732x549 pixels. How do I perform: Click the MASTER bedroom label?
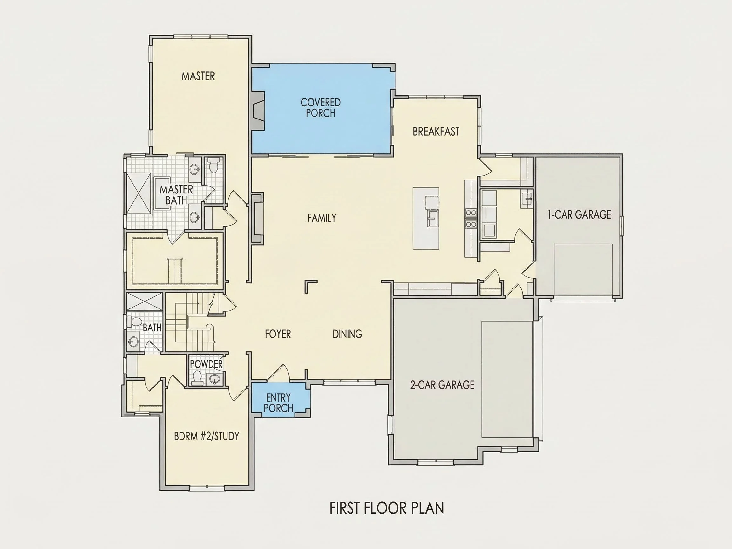click(198, 76)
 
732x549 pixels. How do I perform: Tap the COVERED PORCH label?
click(321, 108)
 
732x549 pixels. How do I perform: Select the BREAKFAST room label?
click(436, 132)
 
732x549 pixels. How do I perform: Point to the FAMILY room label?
click(322, 218)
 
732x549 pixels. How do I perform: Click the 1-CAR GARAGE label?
click(579, 215)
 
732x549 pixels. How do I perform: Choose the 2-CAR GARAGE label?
click(442, 384)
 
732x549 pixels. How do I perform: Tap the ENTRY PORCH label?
click(278, 403)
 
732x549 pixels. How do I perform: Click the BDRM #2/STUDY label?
click(207, 436)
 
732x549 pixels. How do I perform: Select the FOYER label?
click(278, 334)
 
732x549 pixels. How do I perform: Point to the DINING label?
click(347, 334)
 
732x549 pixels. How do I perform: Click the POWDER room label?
click(206, 364)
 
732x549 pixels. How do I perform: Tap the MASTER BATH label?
click(176, 195)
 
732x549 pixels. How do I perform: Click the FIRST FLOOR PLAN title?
click(387, 508)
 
